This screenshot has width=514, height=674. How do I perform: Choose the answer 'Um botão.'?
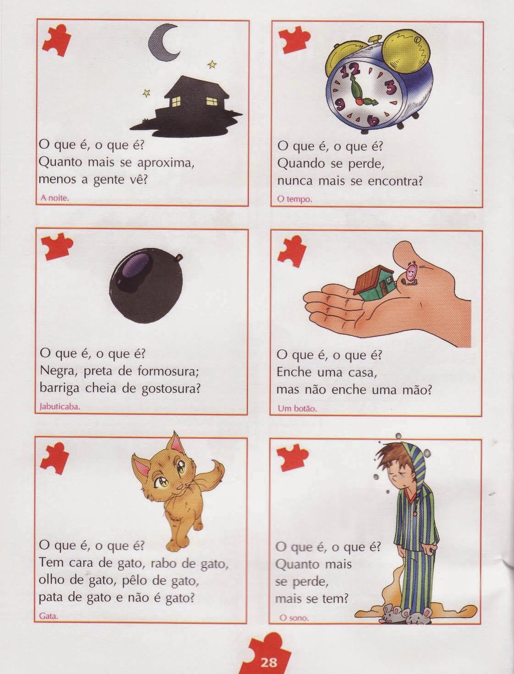click(297, 408)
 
